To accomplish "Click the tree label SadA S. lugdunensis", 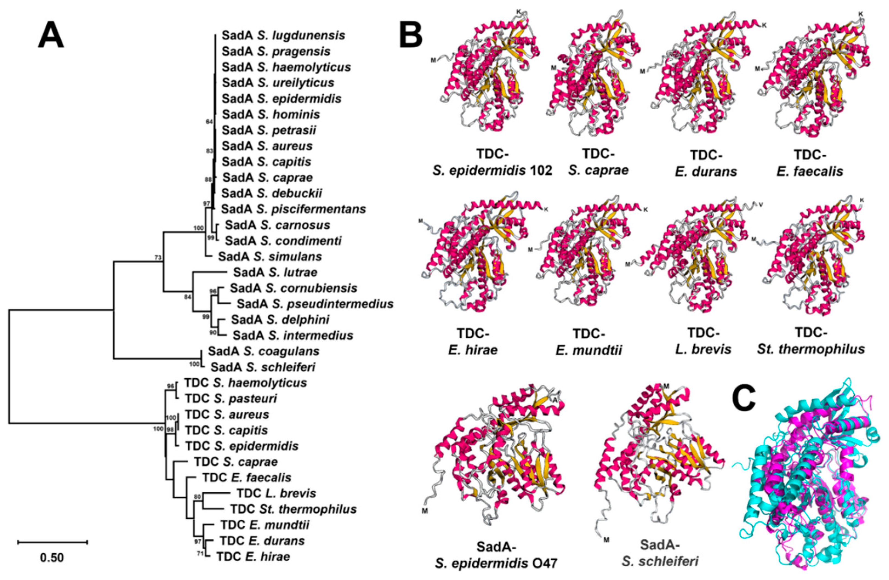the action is click(283, 36).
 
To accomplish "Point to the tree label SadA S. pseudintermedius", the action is click(315, 304).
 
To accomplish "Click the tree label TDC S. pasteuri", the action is click(231, 399).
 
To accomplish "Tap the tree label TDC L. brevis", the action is click(276, 493).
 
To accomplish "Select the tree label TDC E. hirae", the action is click(253, 556).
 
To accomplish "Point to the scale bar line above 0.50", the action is click(52, 542).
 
